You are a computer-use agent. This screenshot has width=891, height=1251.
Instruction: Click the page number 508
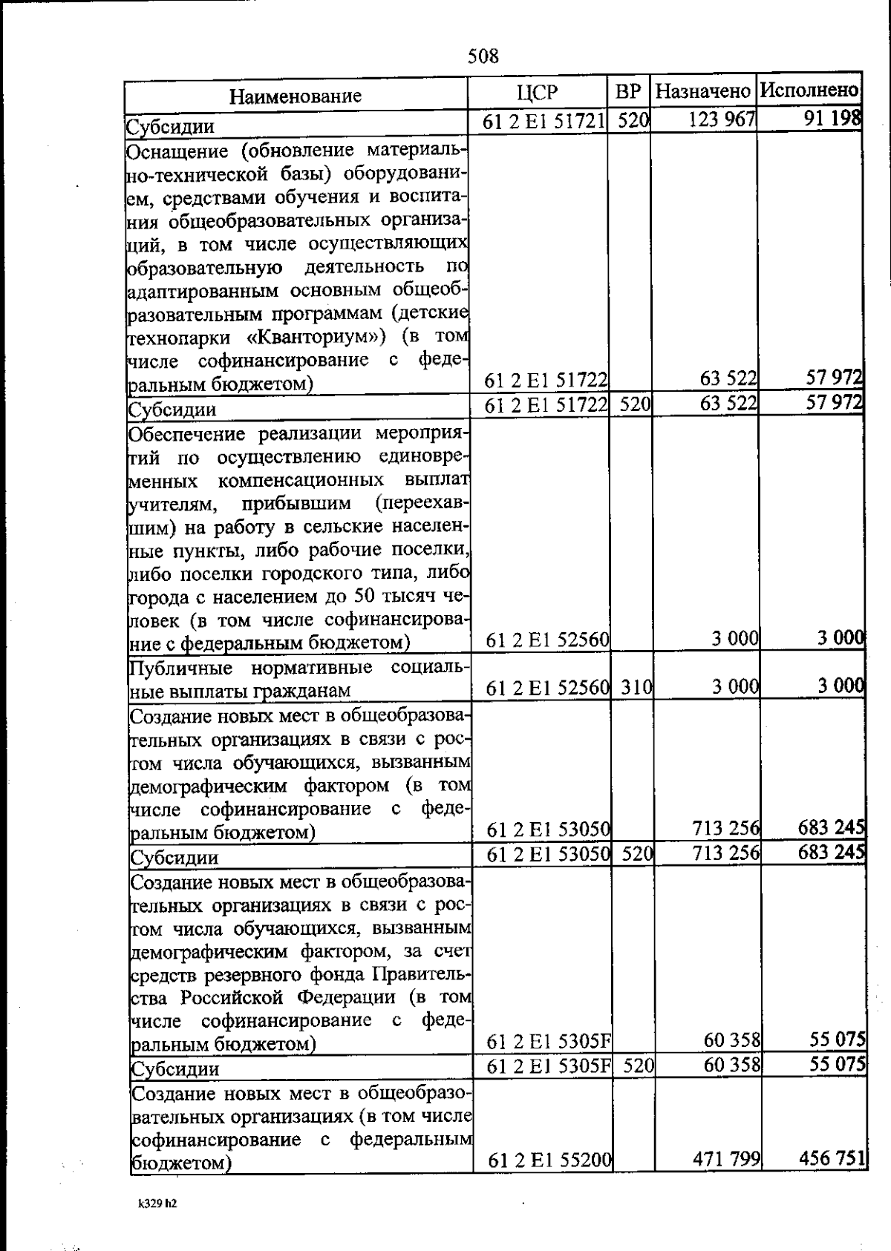(483, 56)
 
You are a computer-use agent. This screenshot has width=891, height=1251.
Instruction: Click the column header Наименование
(295, 96)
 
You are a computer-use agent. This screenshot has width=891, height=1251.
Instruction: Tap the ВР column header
(628, 92)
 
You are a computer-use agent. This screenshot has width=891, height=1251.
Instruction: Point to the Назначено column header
(703, 92)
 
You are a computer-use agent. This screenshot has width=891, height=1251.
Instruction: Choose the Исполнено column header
(810, 91)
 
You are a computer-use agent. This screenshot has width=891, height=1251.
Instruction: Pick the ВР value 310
(636, 687)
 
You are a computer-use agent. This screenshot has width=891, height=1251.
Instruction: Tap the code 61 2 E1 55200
(549, 1159)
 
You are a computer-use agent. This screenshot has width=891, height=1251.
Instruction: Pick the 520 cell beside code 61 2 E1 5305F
(638, 1066)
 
